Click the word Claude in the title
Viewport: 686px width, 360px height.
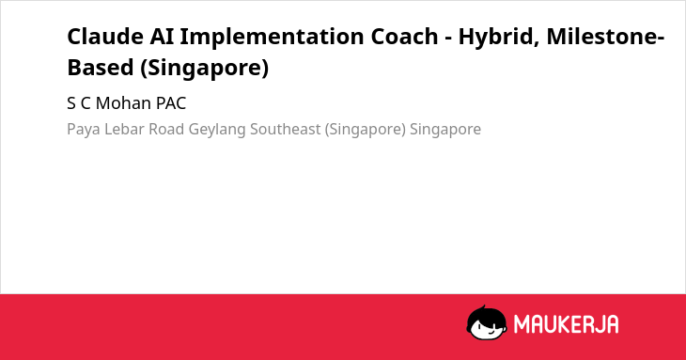[105, 37]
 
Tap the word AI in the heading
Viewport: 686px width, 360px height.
[162, 37]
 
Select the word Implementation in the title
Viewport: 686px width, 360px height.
[273, 38]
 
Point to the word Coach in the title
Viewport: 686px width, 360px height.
[405, 37]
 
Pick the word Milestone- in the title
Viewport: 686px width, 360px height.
[605, 37]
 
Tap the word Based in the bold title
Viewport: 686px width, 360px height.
[101, 68]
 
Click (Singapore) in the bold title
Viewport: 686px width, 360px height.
[204, 69]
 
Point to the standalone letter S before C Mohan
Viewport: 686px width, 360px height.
[70, 103]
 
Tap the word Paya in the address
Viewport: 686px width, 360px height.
[84, 130]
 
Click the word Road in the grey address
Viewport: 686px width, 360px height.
[166, 129]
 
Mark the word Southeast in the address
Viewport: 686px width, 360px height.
[286, 129]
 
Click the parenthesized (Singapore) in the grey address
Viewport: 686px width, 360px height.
[366, 130]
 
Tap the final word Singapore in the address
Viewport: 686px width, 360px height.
[445, 130]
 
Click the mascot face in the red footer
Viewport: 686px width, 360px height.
[487, 323]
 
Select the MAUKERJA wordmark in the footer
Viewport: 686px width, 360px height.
[566, 324]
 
